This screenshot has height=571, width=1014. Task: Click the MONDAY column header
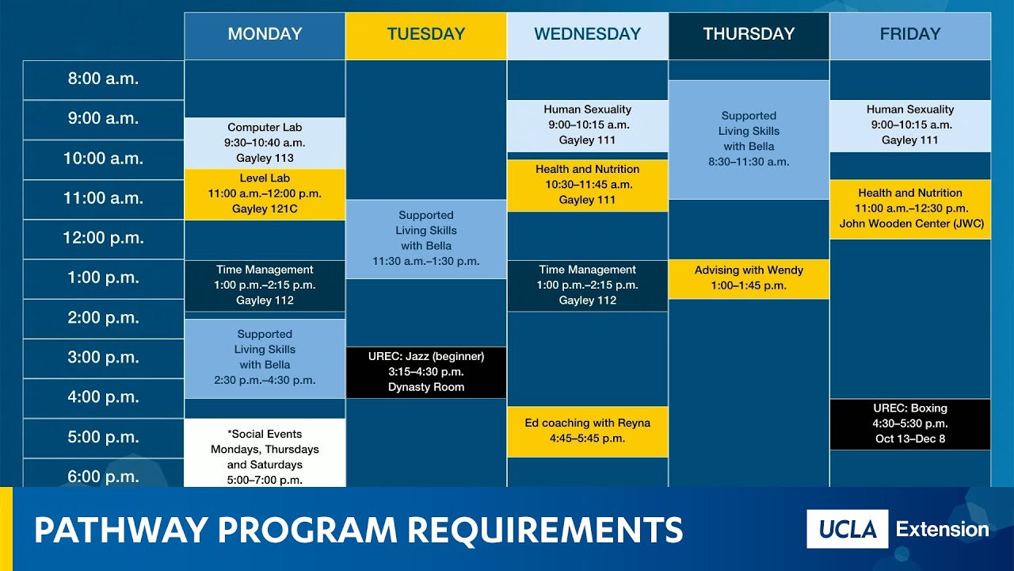[265, 35]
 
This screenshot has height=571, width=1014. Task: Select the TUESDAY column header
[425, 35]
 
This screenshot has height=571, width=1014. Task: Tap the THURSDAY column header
[749, 35]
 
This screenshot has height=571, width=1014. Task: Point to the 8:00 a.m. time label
[103, 79]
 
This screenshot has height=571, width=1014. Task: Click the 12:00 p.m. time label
[103, 238]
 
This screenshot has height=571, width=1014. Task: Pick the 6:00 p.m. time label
[103, 477]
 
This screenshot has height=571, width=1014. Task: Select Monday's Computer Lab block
[265, 143]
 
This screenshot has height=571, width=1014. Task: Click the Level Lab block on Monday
[265, 194]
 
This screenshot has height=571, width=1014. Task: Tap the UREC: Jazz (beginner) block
[425, 372]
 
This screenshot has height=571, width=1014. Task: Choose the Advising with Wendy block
[749, 278]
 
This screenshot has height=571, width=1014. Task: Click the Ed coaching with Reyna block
[587, 431]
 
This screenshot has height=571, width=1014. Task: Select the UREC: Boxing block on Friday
[910, 423]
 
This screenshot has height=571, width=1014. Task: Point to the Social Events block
[265, 452]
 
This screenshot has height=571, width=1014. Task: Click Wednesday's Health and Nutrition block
[587, 185]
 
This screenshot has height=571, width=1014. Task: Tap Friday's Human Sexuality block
[910, 125]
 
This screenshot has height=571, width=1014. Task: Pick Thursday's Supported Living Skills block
[749, 140]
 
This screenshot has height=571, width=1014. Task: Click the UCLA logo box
[847, 529]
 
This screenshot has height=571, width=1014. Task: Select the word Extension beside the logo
[942, 529]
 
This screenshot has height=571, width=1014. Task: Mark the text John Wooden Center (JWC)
[911, 224]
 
